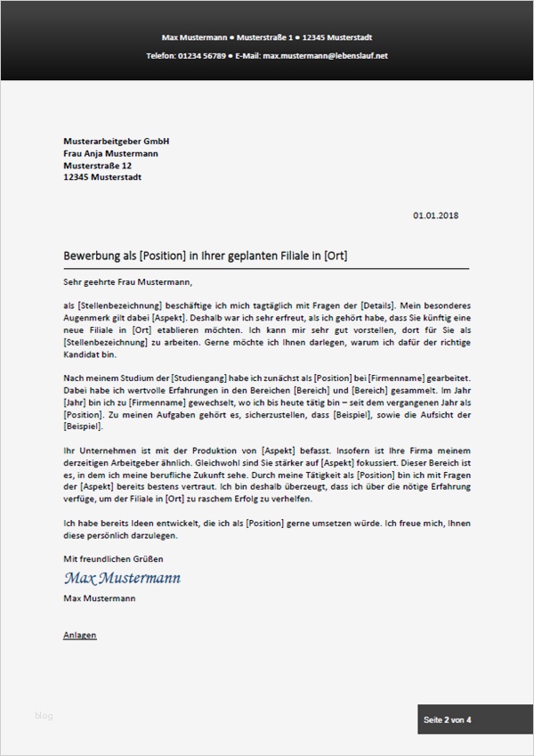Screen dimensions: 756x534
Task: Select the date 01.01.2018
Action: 436,215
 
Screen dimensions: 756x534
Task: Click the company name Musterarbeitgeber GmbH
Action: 117,142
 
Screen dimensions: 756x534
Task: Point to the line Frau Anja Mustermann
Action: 111,153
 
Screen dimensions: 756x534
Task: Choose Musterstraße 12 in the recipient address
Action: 98,165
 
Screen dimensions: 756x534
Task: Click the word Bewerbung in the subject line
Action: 92,256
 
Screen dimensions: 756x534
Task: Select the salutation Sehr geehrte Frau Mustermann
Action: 127,283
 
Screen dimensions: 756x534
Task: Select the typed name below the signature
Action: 100,599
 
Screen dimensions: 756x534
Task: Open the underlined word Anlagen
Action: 80,635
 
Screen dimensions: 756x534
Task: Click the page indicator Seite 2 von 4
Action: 448,719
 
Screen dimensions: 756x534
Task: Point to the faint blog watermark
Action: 44,715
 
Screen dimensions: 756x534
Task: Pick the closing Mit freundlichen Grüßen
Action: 114,558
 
